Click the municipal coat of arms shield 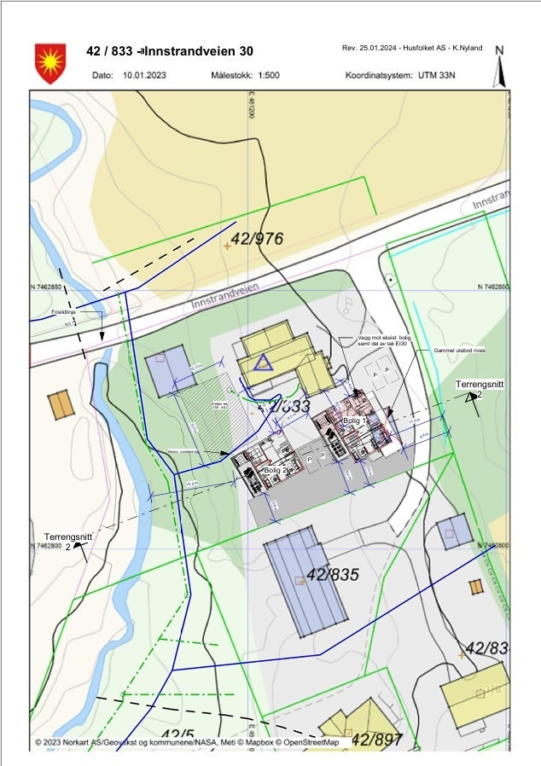[49, 62]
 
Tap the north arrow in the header [501, 66]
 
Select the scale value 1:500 [265, 75]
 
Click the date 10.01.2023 [143, 75]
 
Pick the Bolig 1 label [354, 421]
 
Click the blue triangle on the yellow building [264, 363]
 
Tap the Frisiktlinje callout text [65, 312]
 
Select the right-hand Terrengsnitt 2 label [479, 389]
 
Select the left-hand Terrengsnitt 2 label [67, 541]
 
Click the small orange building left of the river [61, 404]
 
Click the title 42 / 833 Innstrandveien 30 [170, 51]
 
